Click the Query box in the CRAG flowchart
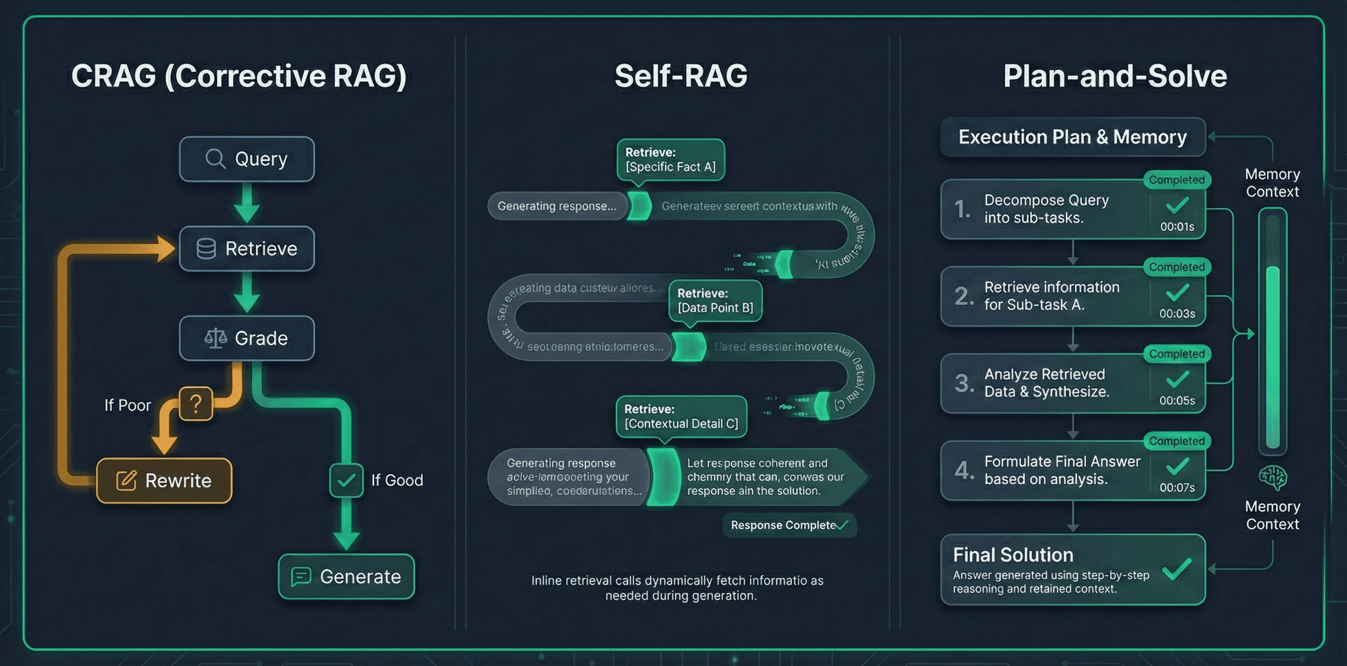[x=247, y=159]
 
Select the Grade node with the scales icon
[x=247, y=338]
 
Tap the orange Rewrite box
[x=164, y=481]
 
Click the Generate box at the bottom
[x=346, y=576]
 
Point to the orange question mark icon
[x=196, y=404]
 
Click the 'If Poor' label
[x=128, y=405]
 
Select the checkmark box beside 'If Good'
[x=346, y=480]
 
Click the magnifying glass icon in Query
[x=215, y=158]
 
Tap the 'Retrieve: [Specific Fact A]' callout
[x=670, y=160]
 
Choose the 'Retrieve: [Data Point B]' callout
[x=715, y=301]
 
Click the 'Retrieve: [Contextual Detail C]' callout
[x=681, y=416]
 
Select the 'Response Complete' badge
[x=789, y=525]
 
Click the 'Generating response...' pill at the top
[x=557, y=206]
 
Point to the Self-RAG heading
[x=681, y=76]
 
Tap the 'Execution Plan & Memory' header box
[x=1073, y=137]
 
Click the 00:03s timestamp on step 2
[x=1177, y=314]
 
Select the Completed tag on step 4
[x=1176, y=441]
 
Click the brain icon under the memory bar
[x=1272, y=477]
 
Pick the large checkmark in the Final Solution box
[x=1177, y=569]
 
